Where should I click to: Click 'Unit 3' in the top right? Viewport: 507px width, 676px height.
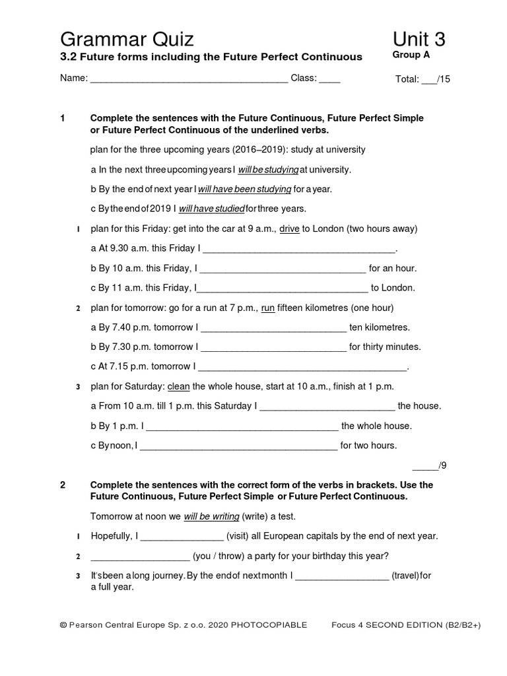419,40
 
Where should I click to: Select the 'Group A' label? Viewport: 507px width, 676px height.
411,55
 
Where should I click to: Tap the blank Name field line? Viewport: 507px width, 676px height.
189,79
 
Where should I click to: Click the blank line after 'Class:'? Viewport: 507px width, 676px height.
329,79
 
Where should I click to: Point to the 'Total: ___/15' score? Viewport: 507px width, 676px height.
422,80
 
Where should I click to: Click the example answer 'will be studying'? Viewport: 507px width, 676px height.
268,170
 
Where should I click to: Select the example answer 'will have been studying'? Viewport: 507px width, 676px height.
245,189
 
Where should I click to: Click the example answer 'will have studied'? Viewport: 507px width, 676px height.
211,209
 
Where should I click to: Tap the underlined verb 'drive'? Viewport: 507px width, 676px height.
290,229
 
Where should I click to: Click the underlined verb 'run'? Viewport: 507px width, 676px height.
268,308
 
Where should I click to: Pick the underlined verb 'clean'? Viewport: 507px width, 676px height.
179,386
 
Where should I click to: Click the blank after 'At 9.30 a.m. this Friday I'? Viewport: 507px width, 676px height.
298,250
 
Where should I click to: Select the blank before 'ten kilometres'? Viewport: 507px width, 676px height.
273,328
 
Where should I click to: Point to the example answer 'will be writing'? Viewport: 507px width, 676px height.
211,516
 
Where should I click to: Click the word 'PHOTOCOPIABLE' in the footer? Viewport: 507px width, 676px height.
269,625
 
